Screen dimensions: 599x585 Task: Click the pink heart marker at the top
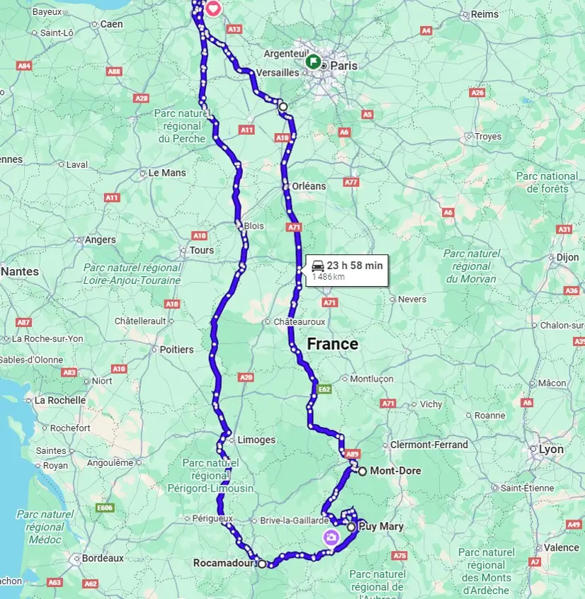pos(213,9)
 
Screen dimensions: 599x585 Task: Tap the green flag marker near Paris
pos(312,61)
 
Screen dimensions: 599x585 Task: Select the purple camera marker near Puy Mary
pos(330,537)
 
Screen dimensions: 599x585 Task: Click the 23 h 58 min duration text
pos(354,266)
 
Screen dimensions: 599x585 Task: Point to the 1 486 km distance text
pos(329,277)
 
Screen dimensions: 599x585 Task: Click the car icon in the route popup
pos(317,266)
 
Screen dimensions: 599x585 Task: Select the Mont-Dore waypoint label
pos(395,471)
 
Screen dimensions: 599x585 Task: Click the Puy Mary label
pos(381,527)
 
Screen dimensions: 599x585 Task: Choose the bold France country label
pos(332,345)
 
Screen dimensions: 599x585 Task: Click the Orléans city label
pos(309,186)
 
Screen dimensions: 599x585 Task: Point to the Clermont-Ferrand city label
pos(429,445)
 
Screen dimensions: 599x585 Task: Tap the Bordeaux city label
pos(103,558)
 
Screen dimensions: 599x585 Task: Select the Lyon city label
pos(551,450)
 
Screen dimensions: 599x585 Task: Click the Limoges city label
pos(256,440)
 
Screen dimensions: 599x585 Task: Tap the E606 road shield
pos(105,507)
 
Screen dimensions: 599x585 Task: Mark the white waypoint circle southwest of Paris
pos(283,106)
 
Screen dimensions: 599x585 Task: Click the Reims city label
pos(485,14)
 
